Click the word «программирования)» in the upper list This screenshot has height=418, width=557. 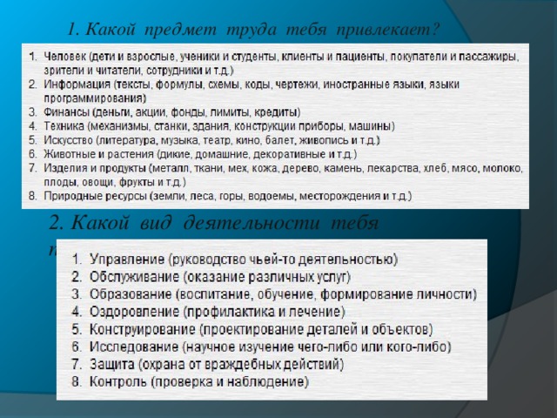pyautogui.click(x=86, y=98)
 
